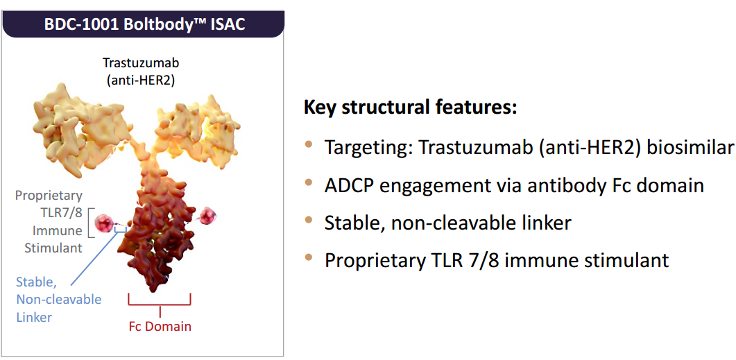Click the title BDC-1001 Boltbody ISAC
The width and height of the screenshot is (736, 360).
(144, 24)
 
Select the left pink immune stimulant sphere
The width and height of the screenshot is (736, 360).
(104, 223)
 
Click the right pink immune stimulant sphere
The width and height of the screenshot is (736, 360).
(207, 216)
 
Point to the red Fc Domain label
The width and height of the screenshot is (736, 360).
(160, 326)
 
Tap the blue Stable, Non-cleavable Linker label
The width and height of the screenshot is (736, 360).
(59, 300)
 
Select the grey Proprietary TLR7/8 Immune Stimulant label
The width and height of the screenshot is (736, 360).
(49, 221)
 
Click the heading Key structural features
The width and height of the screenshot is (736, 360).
(410, 108)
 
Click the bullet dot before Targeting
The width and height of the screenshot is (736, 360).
(309, 144)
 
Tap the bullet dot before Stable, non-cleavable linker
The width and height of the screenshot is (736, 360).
(309, 219)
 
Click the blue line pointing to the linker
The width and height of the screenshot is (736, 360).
(94, 257)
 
